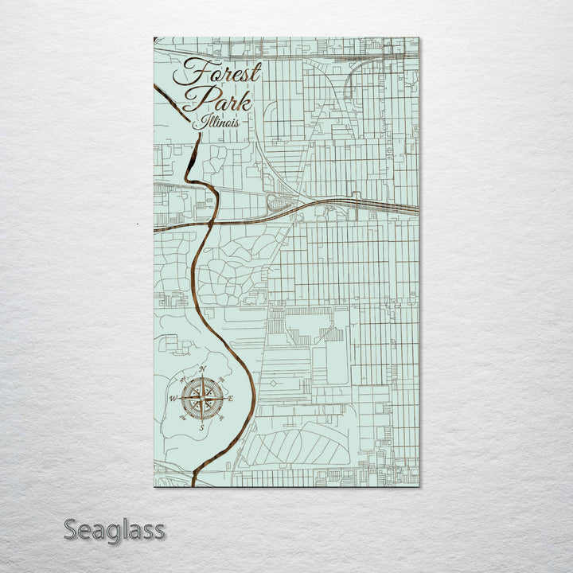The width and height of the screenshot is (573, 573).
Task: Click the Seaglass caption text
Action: [115, 530]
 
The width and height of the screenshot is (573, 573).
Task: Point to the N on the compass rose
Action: [202, 369]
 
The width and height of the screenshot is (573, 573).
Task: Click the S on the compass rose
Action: [201, 427]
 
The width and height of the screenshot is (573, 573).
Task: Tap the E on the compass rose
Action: [231, 398]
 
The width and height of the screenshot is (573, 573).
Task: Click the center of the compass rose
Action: [201, 398]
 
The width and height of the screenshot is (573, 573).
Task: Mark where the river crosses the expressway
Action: [211, 222]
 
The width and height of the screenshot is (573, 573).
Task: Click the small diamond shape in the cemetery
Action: [273, 383]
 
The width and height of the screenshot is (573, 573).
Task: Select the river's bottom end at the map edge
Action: [193, 483]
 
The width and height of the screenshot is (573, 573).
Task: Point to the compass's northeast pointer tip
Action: [217, 383]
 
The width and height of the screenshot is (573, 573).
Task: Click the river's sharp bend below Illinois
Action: [190, 172]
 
